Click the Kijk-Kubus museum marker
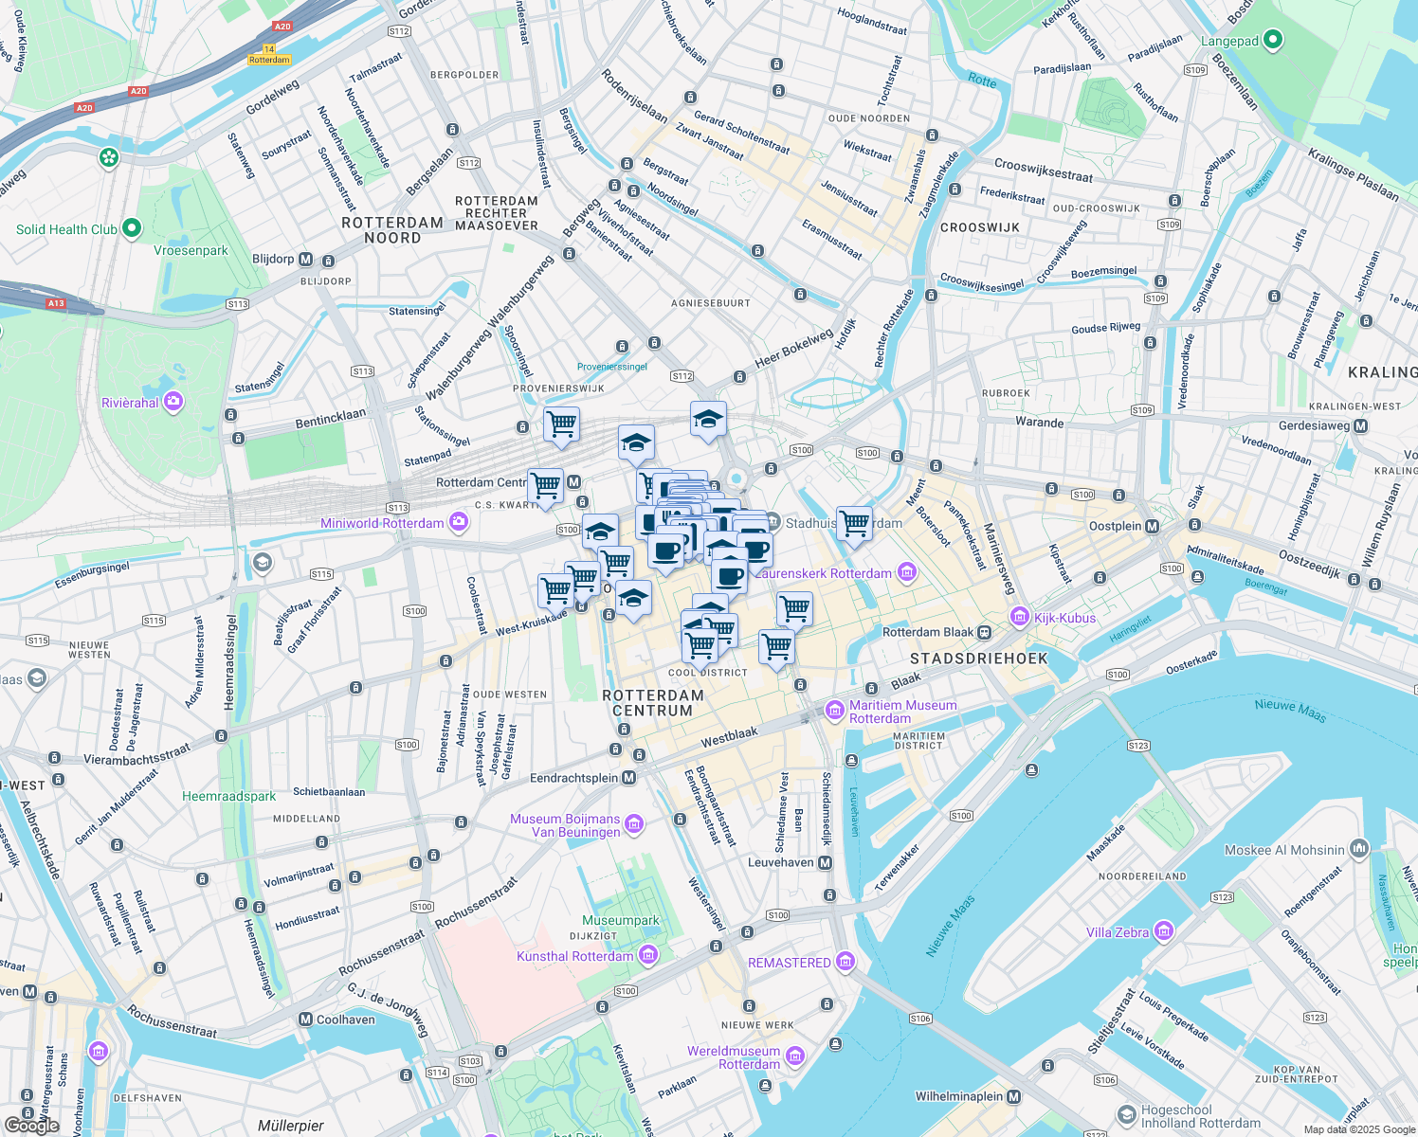coord(1020,617)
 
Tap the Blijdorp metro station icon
coord(305,259)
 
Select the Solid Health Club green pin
coord(132,228)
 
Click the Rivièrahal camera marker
coord(173,403)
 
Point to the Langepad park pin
coord(1273,40)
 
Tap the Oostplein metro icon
coord(1153,526)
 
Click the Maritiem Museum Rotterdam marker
coord(834,710)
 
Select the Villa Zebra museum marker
coord(1163,931)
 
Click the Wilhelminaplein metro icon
coord(1014,1096)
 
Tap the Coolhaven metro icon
coord(305,1020)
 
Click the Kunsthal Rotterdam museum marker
coord(648,955)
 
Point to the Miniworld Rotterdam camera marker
coord(459,522)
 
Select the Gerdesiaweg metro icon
coord(1361,425)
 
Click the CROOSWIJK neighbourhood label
coord(979,227)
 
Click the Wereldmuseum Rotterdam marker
coord(795,1056)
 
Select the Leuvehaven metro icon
coord(825,862)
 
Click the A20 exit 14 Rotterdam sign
coord(269,54)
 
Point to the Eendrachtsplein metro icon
coord(628,778)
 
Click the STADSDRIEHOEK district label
coord(978,658)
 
